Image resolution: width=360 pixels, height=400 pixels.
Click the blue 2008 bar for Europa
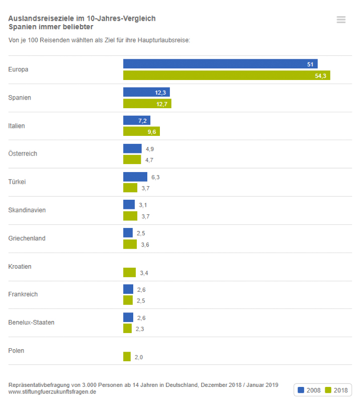click(x=220, y=64)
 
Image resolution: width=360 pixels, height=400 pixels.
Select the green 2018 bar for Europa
click(x=226, y=75)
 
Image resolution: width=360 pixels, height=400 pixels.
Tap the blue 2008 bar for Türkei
click(x=135, y=177)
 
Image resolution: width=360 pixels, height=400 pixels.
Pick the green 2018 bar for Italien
click(x=141, y=131)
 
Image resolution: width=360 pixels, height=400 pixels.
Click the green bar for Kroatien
click(x=129, y=272)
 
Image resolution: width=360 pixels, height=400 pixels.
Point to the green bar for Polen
click(x=127, y=357)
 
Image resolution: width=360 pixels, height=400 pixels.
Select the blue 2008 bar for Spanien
click(x=146, y=92)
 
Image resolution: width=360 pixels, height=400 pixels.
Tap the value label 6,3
click(x=155, y=177)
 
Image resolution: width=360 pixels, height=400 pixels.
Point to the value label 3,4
click(x=144, y=273)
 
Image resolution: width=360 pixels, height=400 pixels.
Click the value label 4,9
click(x=149, y=149)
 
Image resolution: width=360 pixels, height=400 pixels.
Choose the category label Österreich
click(x=23, y=153)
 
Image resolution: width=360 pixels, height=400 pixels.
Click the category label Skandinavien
click(x=27, y=210)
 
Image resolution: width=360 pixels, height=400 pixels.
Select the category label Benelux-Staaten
click(x=31, y=322)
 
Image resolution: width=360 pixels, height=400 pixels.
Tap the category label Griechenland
click(x=27, y=238)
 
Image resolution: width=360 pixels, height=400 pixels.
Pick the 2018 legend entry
click(x=336, y=390)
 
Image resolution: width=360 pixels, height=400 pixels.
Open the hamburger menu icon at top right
click(x=341, y=20)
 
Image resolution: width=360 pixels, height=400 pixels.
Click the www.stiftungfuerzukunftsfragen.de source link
click(x=52, y=391)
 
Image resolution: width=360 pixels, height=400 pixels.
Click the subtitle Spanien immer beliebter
click(x=50, y=27)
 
